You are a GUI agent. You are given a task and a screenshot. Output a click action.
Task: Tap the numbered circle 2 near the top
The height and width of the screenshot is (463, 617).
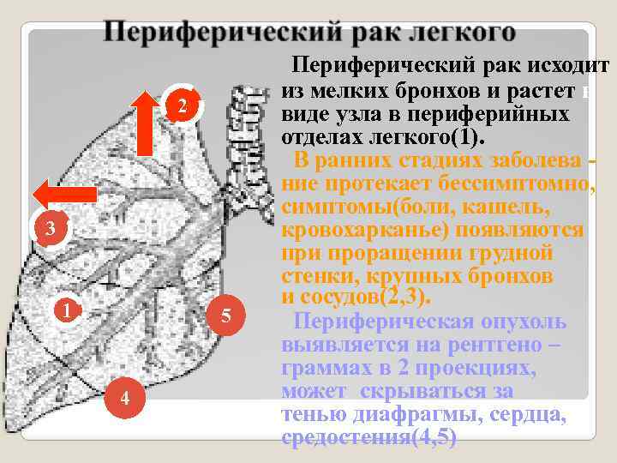tap(182, 106)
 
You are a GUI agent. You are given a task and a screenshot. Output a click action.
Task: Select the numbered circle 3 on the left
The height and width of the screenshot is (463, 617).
tap(50, 229)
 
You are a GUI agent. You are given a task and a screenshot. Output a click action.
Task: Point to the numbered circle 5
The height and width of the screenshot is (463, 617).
tap(226, 316)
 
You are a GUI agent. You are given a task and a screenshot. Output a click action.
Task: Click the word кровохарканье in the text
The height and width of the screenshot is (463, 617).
tap(368, 231)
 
